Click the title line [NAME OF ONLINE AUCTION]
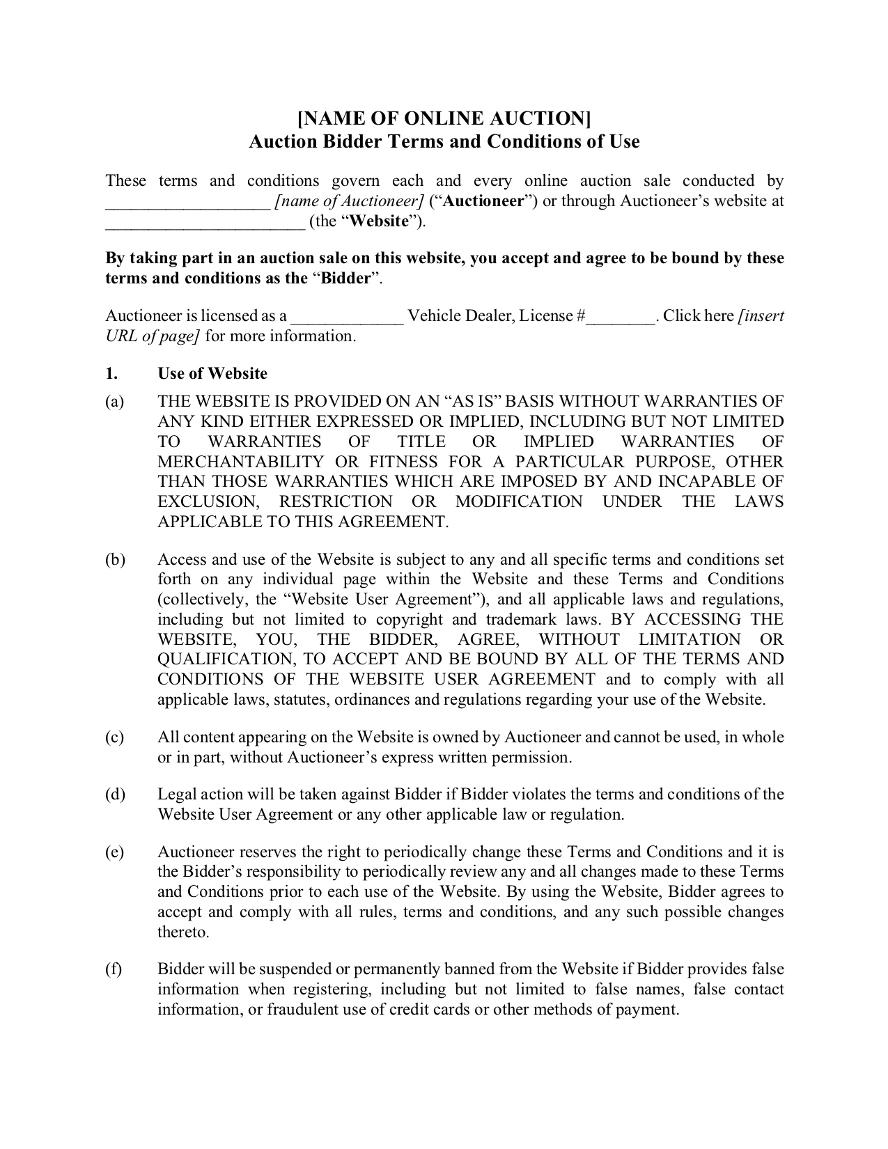click(x=444, y=118)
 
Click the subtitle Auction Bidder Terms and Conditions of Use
click(x=444, y=141)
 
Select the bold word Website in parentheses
click(x=380, y=221)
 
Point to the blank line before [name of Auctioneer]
click(x=187, y=204)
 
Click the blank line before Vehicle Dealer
click(x=347, y=319)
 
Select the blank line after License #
click(x=620, y=319)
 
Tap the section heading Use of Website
click(x=212, y=373)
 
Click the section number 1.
click(x=111, y=373)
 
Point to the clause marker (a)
click(x=115, y=402)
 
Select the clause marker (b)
click(x=115, y=560)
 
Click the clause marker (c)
click(x=115, y=737)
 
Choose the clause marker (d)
click(x=115, y=795)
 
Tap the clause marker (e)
click(x=115, y=852)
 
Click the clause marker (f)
click(x=114, y=969)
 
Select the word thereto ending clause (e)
click(x=183, y=932)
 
